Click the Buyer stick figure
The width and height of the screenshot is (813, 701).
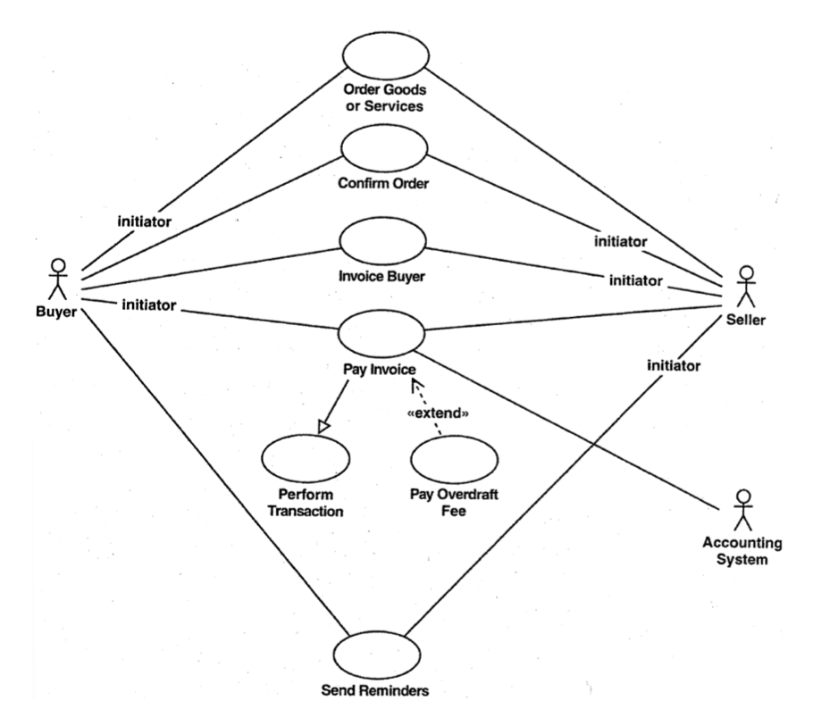58,279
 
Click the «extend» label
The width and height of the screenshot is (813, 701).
438,415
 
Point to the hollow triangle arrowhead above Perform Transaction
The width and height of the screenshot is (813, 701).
323,425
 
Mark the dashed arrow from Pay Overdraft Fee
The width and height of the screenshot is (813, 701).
426,406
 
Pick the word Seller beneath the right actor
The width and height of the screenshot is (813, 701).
747,321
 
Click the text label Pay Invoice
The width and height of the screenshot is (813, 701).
381,367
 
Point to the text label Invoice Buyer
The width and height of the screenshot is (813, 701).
381,277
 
